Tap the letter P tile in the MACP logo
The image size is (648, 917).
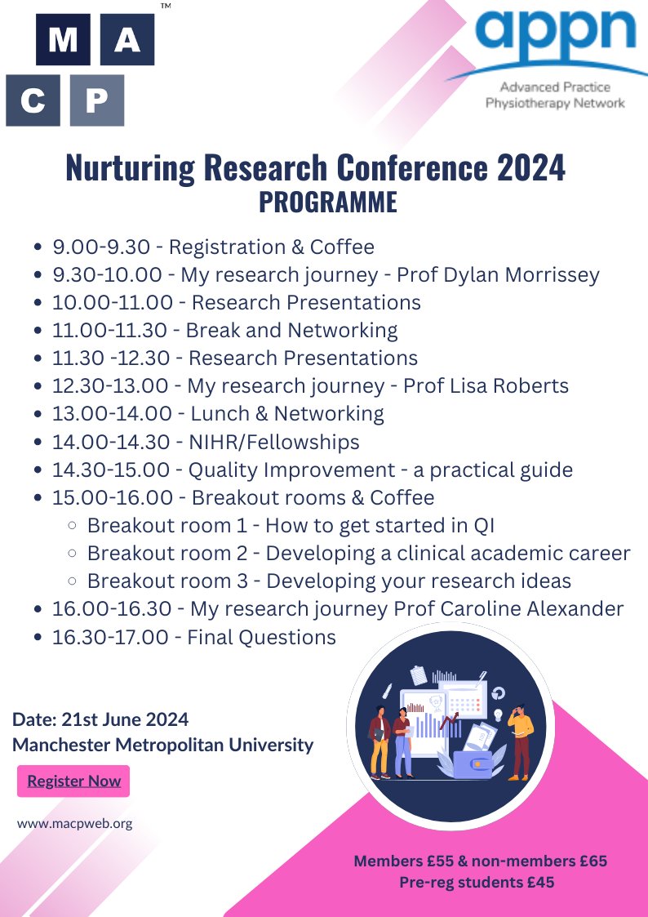tap(97, 101)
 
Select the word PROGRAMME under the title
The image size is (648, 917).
tap(327, 202)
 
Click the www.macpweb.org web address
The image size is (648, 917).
tap(74, 823)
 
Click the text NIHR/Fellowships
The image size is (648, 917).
tap(273, 442)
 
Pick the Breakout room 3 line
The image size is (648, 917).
tap(329, 581)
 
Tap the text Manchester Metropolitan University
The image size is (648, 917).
tap(163, 745)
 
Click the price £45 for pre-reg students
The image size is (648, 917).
tap(537, 882)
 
